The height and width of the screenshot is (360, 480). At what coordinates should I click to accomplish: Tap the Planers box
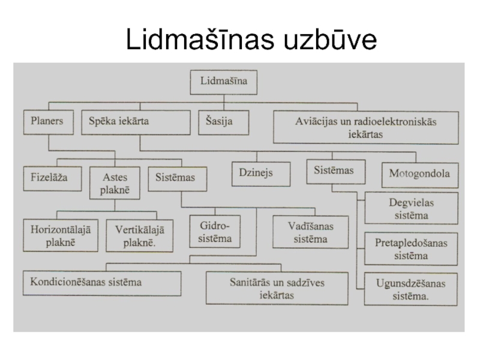click(x=47, y=121)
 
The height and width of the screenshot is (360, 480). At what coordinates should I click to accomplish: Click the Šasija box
click(x=215, y=121)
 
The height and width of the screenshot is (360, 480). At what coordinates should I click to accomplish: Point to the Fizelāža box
click(x=53, y=178)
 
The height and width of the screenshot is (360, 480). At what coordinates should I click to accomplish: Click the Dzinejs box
click(x=256, y=173)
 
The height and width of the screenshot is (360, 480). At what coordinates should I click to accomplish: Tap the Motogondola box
click(x=419, y=175)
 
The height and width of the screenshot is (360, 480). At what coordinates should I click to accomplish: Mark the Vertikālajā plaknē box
click(x=139, y=236)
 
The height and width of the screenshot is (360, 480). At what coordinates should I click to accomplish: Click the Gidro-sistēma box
click(x=215, y=233)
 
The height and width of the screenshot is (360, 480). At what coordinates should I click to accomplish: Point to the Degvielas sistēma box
click(x=411, y=208)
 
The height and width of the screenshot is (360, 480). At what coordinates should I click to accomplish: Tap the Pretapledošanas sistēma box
click(x=411, y=249)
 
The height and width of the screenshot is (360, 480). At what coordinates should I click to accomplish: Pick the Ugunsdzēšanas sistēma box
click(x=411, y=289)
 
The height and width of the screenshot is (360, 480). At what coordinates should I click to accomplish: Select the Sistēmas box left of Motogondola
click(x=334, y=171)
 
